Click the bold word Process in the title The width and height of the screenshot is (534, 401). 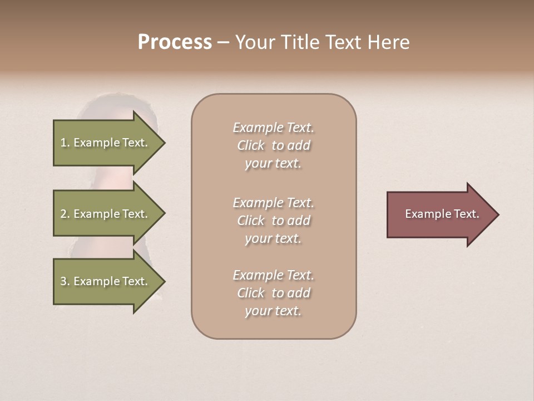[x=175, y=42]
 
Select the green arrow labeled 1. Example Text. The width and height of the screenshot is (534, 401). [x=106, y=143]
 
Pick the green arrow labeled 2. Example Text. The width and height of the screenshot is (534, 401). [x=106, y=214]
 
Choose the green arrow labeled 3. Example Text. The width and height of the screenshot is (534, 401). [x=106, y=281]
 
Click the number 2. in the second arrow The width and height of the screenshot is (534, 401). [x=65, y=214]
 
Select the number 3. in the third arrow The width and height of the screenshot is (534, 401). [x=65, y=281]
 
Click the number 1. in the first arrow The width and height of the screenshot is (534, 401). [x=65, y=143]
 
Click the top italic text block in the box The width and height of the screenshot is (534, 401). [x=273, y=145]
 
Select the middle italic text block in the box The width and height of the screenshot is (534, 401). [x=273, y=221]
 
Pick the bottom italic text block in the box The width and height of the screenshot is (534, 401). [x=273, y=293]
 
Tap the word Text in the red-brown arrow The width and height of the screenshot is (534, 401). [x=467, y=214]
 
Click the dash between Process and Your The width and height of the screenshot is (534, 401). [x=223, y=43]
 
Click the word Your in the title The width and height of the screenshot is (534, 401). [x=253, y=42]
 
